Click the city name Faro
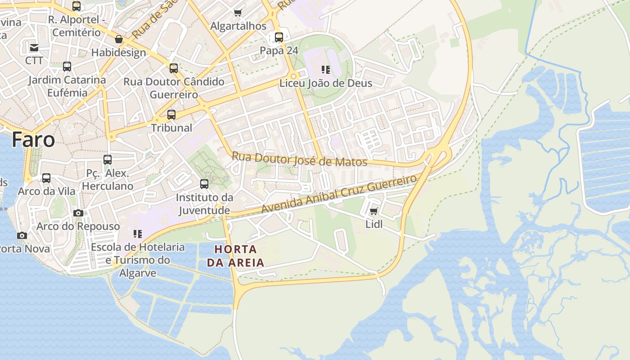coord(33,139)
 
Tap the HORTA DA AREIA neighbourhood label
coord(235,256)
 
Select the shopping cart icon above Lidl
coord(373,211)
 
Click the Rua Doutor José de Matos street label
coord(299,159)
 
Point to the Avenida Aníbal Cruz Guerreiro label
coord(339,194)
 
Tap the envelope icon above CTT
coord(34,47)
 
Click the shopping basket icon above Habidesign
coord(119,40)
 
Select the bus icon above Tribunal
coord(171,114)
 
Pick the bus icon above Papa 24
coord(279,37)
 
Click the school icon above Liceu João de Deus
coord(326,70)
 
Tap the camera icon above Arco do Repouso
coord(78,213)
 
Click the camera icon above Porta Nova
coord(22,235)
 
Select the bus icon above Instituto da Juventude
coord(204,184)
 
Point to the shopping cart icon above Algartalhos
coord(238,13)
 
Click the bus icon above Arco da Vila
coord(46,178)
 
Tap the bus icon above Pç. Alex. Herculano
coord(108,159)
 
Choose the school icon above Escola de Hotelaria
coord(138,234)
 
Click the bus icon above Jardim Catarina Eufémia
coord(67,66)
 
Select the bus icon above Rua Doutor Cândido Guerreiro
coord(174,68)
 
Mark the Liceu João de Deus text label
coord(326,83)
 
